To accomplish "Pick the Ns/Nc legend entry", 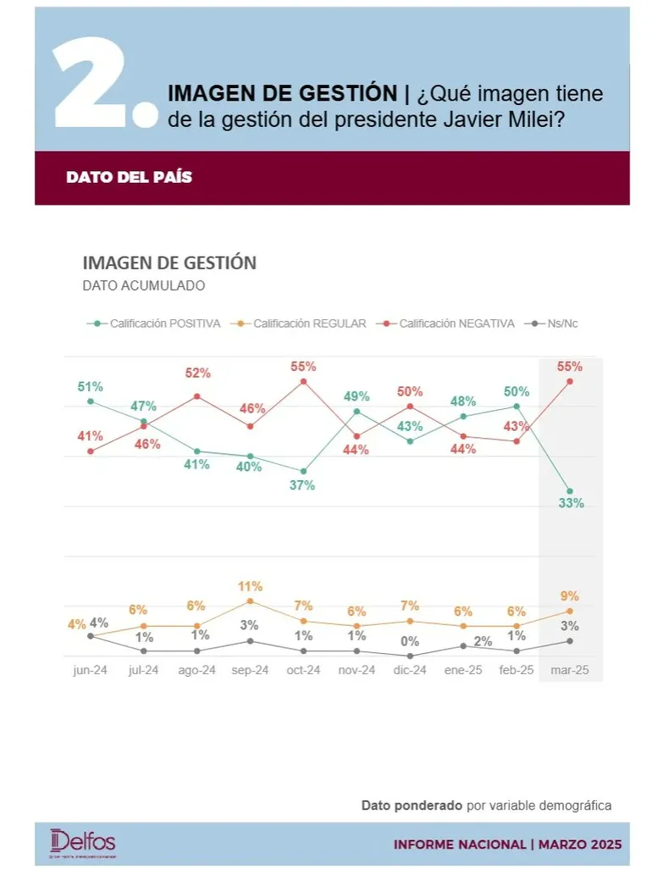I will click(556, 323).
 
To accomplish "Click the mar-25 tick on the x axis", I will click(570, 670).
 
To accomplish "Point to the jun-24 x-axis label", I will click(90, 670).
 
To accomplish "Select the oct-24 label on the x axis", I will click(303, 670).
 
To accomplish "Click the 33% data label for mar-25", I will click(571, 504).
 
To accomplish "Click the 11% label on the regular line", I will click(251, 586).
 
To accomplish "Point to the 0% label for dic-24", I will click(411, 642).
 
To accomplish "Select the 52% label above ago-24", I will click(197, 374).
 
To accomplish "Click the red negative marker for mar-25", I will click(570, 381).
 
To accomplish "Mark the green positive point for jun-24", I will click(91, 401).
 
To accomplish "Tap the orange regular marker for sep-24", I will click(250, 601).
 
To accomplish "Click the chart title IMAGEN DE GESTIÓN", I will click(169, 263).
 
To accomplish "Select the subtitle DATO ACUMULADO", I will click(144, 285).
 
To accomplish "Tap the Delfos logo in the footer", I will click(83, 842).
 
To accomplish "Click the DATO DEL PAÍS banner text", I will click(129, 178).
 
